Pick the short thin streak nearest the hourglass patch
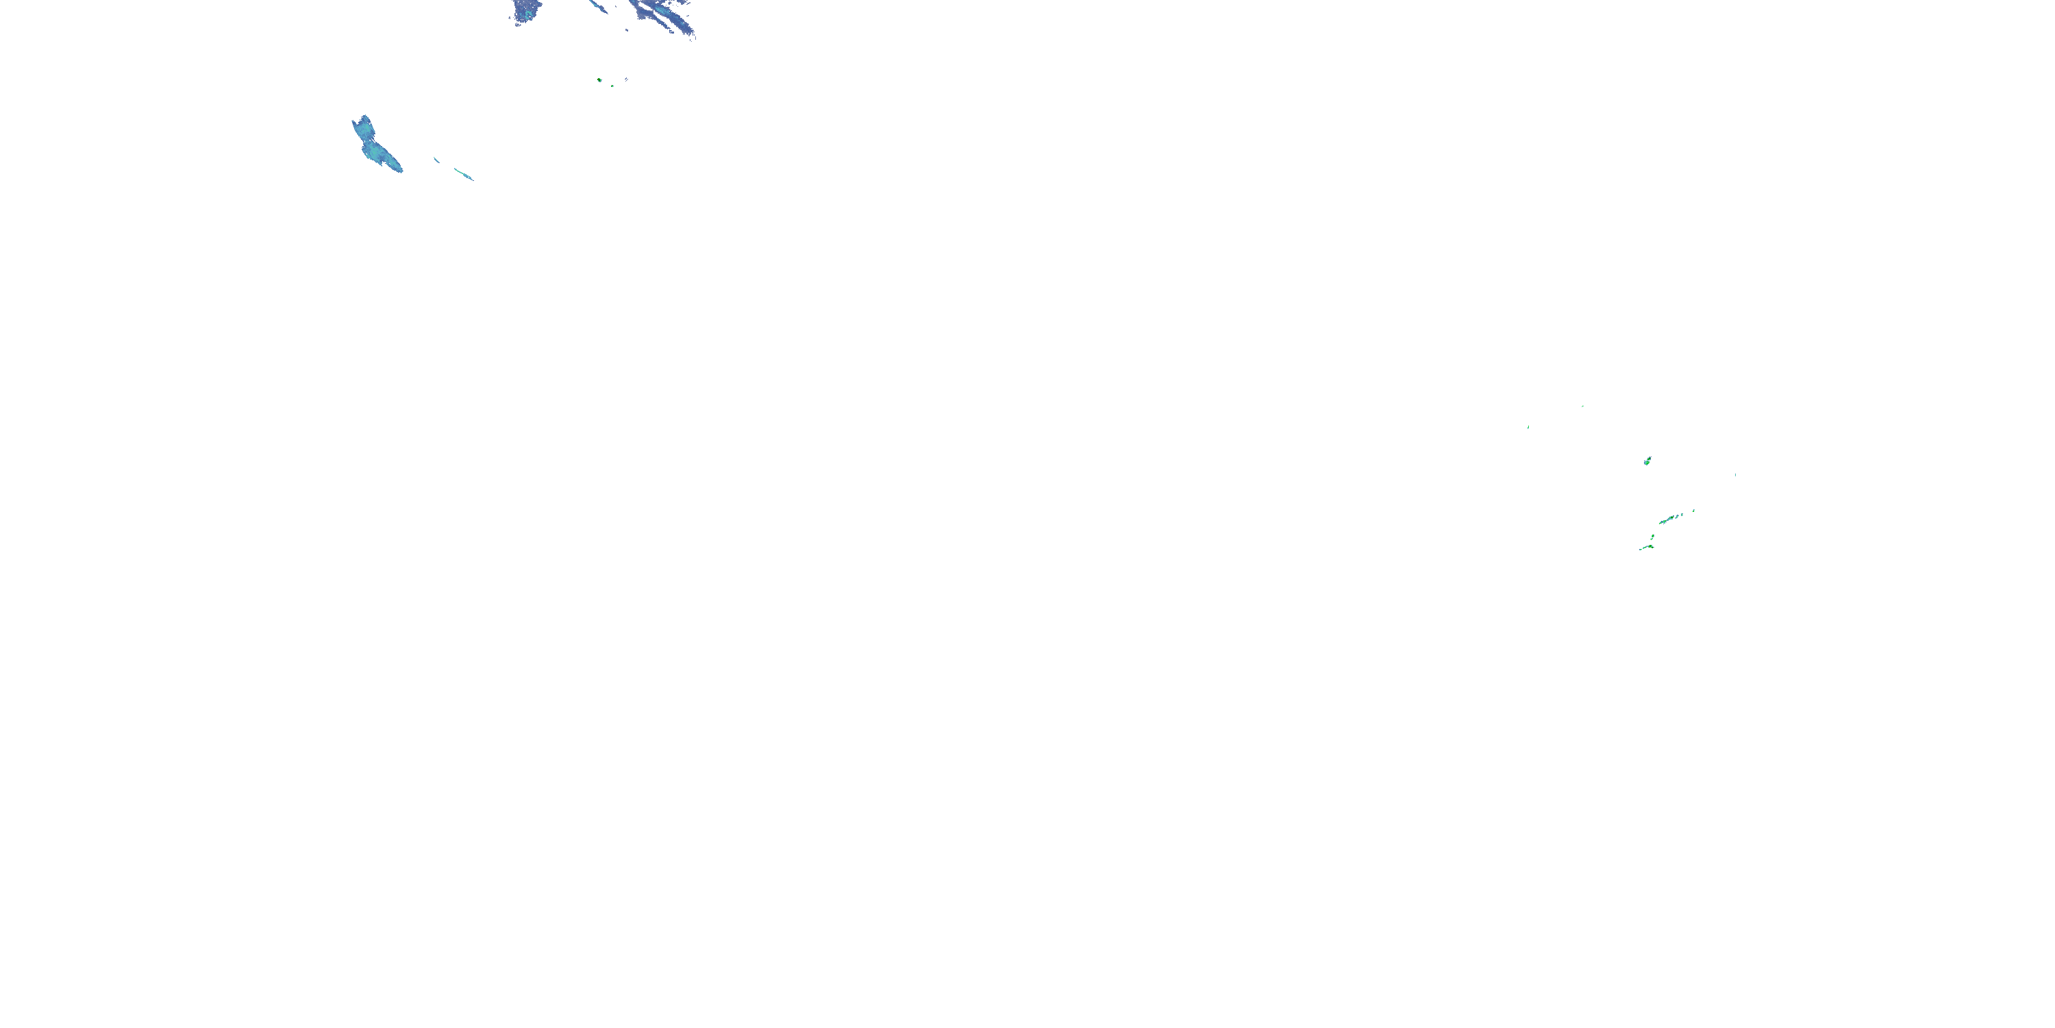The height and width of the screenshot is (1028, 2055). tap(436, 160)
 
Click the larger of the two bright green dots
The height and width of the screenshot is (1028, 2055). tap(599, 79)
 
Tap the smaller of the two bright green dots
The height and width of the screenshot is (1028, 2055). tap(612, 86)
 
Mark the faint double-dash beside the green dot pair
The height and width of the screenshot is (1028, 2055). tap(626, 79)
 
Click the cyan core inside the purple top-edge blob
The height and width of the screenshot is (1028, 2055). tap(528, 10)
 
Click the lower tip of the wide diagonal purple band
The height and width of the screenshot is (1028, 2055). tap(693, 35)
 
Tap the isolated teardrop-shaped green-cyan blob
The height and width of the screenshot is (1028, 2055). tap(1647, 461)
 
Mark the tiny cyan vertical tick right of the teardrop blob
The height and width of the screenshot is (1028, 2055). tap(1735, 475)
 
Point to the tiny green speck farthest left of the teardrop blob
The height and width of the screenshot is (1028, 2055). tap(1528, 427)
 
